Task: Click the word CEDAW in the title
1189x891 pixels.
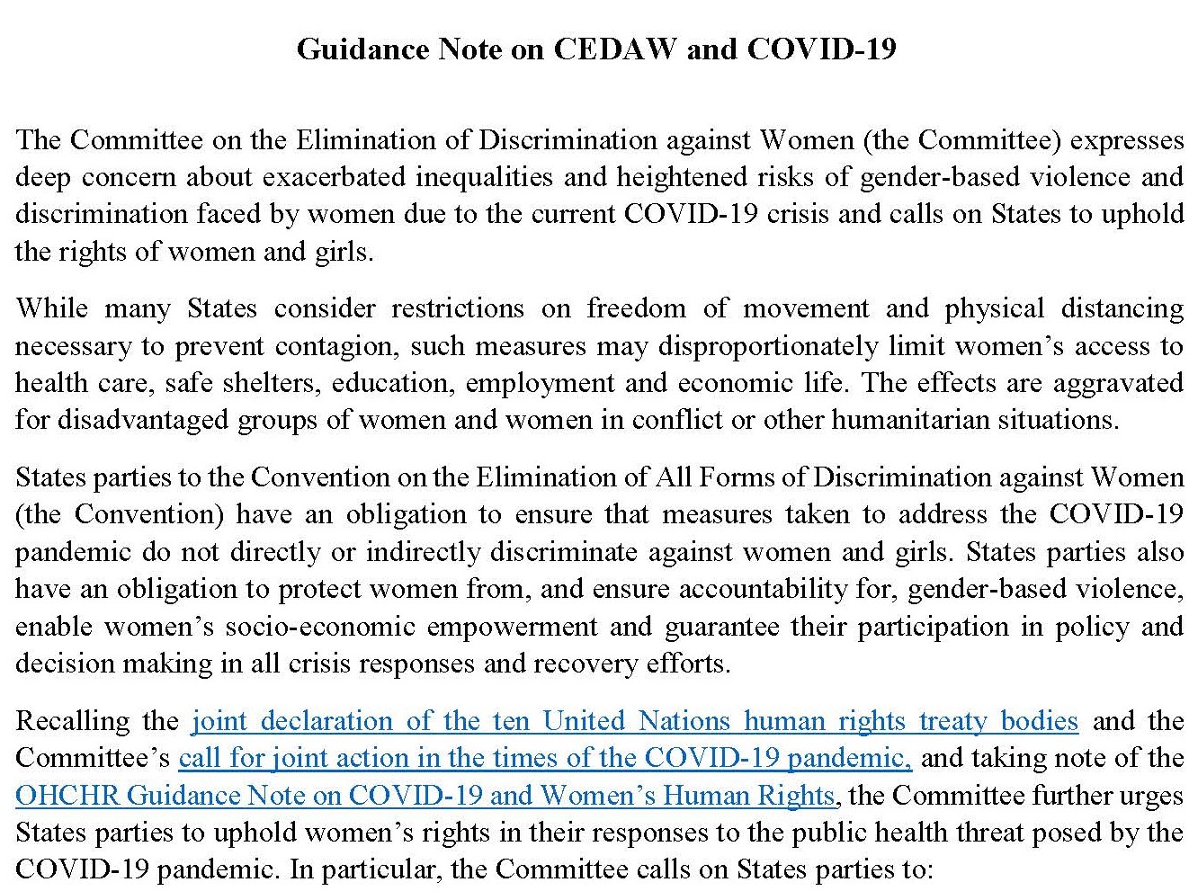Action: coord(614,49)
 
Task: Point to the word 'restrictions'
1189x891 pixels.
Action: coord(457,308)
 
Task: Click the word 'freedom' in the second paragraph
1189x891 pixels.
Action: coord(636,308)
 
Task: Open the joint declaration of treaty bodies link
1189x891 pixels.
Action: coord(634,721)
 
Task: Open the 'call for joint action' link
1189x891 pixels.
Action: coord(544,758)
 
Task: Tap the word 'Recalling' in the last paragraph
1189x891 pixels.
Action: coord(71,721)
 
